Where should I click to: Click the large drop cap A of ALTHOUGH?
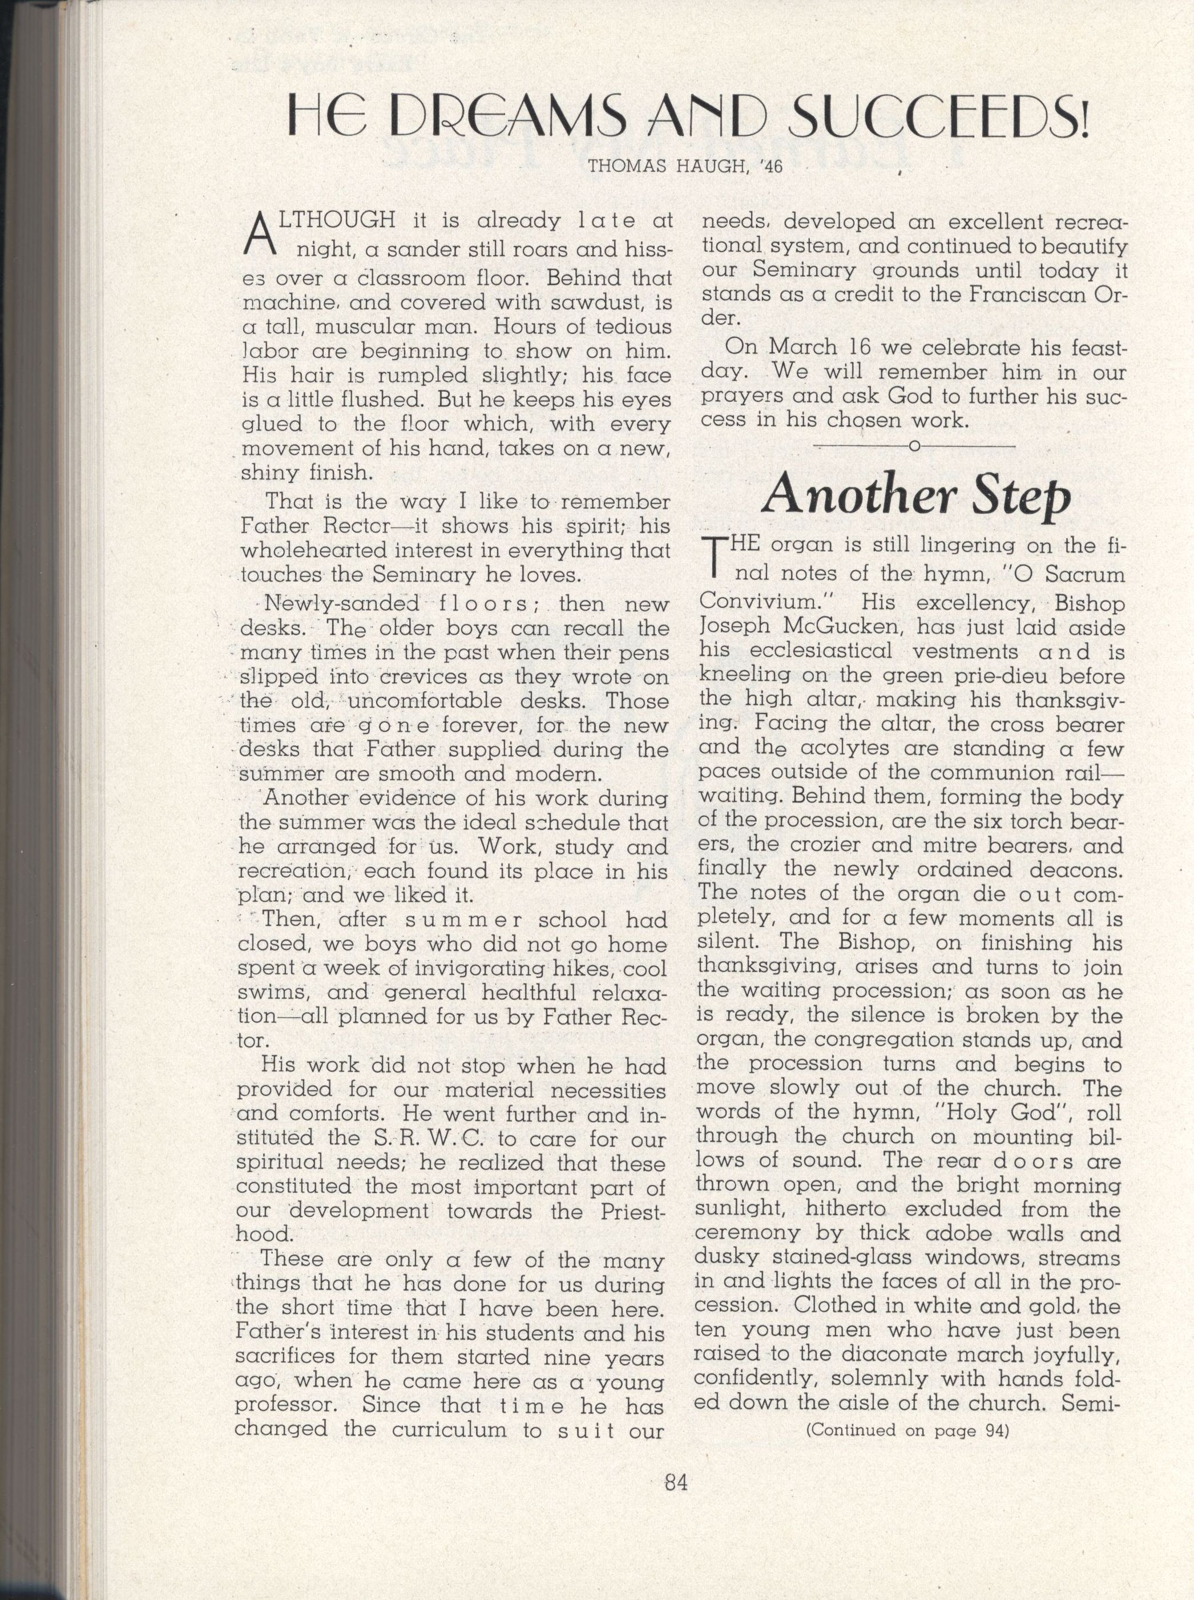click(260, 236)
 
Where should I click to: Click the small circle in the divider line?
click(914, 446)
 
